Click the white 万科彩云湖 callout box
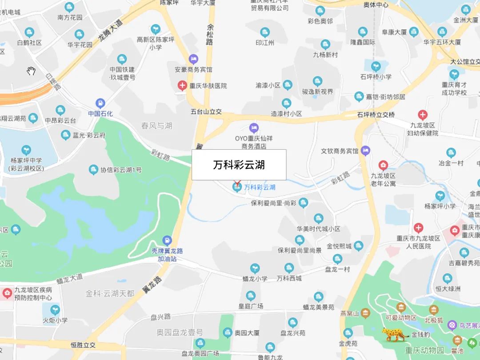click(239, 165)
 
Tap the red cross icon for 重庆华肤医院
click(182, 85)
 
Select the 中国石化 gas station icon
click(100, 104)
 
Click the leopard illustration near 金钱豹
click(395, 334)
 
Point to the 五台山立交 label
click(206, 112)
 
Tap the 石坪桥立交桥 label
click(376, 115)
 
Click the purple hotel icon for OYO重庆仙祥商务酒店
click(253, 128)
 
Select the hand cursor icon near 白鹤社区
click(31, 71)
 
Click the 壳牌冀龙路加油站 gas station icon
click(167, 240)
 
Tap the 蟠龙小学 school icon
click(255, 268)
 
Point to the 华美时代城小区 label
click(318, 229)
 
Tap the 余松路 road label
click(210, 35)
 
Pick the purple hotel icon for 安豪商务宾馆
click(193, 59)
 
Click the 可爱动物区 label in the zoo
click(401, 318)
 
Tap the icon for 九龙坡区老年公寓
click(383, 165)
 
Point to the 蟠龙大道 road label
click(70, 279)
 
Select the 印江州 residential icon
click(265, 32)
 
